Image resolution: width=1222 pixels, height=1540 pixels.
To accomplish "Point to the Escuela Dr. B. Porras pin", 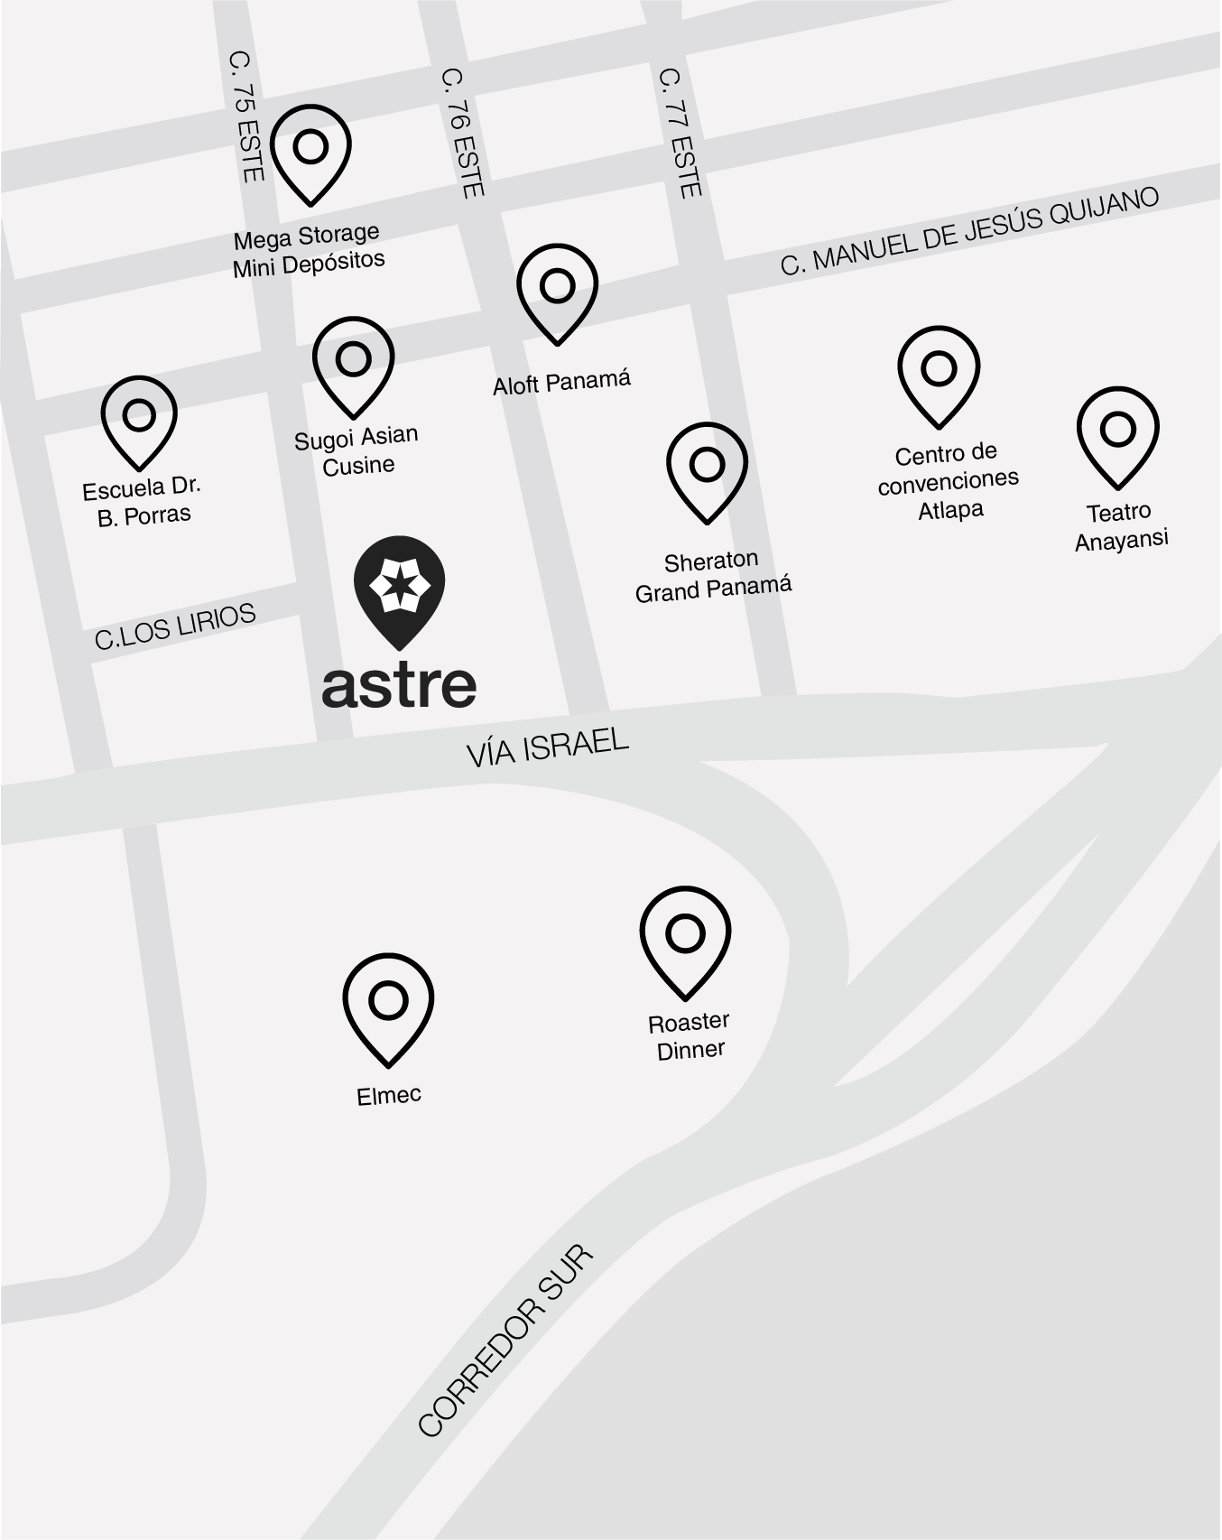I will pos(139,419).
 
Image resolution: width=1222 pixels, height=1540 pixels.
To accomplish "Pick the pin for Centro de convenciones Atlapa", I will pos(939,372).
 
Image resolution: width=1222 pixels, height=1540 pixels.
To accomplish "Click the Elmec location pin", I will pos(388,1004).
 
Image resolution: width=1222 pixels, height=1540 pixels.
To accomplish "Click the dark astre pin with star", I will pos(399,588).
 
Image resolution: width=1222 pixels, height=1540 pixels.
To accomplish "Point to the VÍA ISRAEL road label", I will pos(547,747).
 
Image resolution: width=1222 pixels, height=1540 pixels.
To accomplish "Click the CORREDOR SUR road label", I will pos(505,1340).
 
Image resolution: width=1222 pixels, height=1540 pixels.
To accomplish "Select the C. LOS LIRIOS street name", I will pos(175,626).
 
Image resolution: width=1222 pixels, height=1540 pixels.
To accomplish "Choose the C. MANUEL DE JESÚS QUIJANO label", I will pos(969,230).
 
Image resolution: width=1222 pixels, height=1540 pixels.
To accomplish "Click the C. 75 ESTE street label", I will pos(245,116).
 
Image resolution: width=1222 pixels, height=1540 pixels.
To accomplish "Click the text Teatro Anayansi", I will pos(1120,526).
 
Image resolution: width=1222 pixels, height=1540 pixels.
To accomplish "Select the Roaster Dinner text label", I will pos(690,1036).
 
